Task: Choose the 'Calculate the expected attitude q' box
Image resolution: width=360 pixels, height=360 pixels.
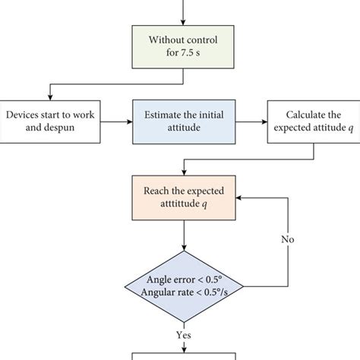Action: (314, 122)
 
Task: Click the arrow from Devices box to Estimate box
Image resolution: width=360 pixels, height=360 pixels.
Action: (113, 122)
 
